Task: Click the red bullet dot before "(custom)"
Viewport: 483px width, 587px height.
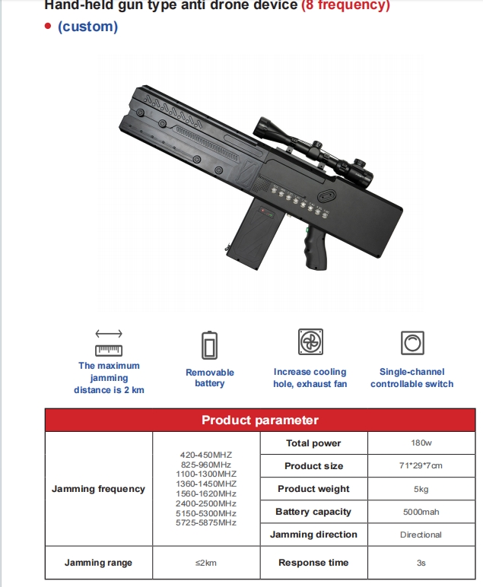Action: tap(48, 27)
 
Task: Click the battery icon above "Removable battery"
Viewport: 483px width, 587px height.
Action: tap(209, 344)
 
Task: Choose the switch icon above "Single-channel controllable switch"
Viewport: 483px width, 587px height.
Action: tap(412, 344)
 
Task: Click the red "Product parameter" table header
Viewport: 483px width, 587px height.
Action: tap(259, 420)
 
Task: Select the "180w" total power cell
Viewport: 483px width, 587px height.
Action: tap(421, 443)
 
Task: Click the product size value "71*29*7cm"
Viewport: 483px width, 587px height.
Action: tap(421, 466)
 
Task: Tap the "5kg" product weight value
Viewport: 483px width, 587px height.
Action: tap(421, 489)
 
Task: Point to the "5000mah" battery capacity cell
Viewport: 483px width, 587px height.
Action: tap(421, 512)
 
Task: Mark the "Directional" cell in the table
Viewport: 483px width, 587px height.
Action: tap(421, 535)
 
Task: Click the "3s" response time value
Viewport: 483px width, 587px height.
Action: tap(421, 563)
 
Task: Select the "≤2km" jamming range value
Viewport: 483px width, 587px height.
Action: tap(206, 563)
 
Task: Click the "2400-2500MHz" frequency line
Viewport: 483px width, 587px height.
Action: tap(206, 503)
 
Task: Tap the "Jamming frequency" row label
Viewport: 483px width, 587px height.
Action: tap(98, 489)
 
